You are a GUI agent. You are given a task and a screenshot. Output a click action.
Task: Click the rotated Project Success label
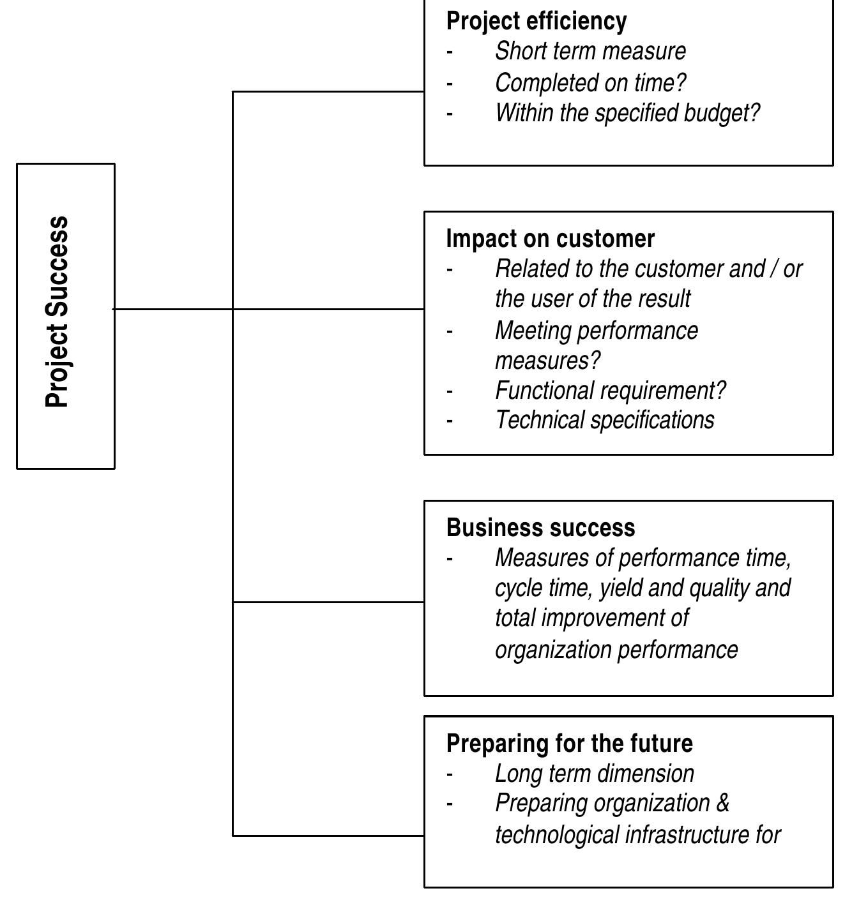point(57,312)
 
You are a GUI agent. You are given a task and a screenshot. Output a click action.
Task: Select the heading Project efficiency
point(536,21)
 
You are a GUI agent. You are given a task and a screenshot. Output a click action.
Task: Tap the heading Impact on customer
point(550,239)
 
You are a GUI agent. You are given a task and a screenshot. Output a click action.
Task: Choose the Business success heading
point(540,528)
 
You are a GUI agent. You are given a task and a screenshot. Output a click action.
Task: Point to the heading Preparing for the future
point(569,744)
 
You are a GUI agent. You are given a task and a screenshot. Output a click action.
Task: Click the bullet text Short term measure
point(590,51)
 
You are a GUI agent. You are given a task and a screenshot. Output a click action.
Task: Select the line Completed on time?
point(590,82)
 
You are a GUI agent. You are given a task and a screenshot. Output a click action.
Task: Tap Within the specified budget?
point(627,113)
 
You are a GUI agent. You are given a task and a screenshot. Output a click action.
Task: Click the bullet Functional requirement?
point(610,390)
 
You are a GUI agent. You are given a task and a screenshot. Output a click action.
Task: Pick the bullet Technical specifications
point(604,420)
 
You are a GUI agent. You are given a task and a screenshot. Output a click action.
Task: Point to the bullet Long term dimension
point(594,774)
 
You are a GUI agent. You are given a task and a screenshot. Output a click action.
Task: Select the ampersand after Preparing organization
point(722,803)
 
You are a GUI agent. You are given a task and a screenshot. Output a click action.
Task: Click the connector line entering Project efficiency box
point(329,91)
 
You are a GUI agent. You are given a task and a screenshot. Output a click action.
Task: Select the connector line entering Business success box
point(329,601)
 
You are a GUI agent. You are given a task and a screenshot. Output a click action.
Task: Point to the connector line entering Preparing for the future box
point(329,835)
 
